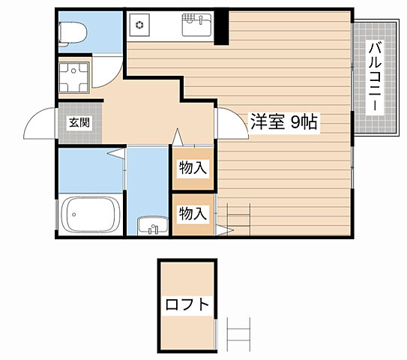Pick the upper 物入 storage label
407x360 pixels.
click(x=193, y=169)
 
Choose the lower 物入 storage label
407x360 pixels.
click(x=193, y=213)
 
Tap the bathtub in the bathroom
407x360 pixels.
click(x=90, y=216)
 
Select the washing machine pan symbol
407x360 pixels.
click(x=74, y=76)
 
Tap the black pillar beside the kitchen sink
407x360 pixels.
click(x=221, y=26)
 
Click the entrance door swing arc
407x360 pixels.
click(x=38, y=124)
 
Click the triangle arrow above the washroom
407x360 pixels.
click(x=178, y=136)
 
